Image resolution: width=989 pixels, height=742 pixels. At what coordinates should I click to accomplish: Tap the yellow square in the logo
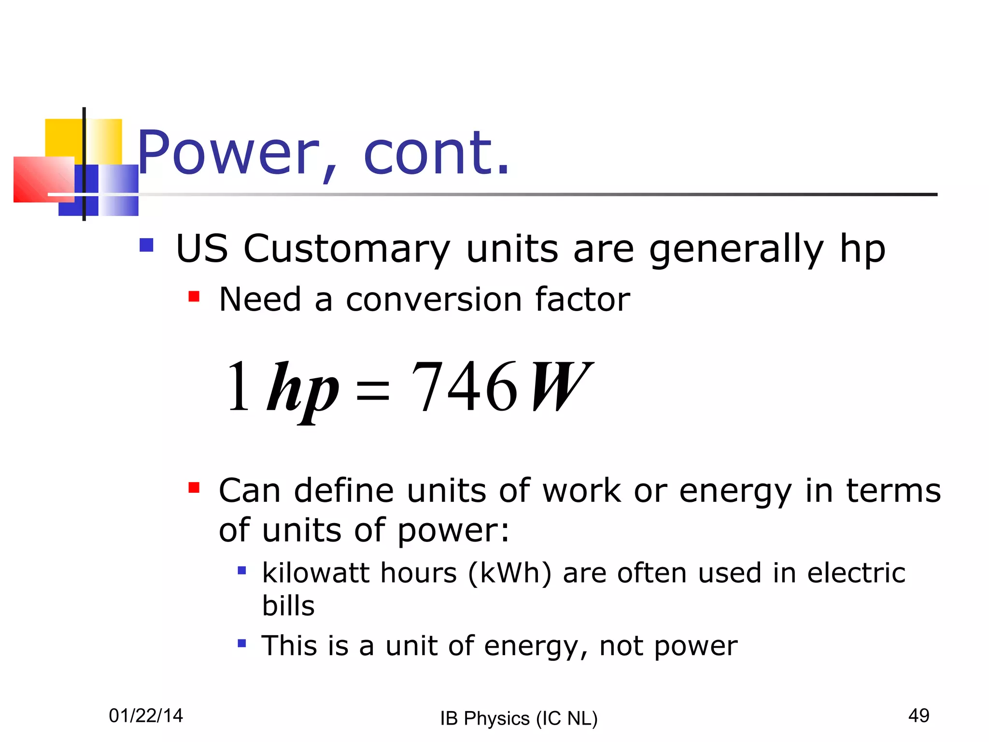coord(65,138)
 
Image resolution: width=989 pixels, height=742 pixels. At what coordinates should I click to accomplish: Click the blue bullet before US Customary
coord(146,245)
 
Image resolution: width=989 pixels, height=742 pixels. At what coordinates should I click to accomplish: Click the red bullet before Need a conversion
coord(194,296)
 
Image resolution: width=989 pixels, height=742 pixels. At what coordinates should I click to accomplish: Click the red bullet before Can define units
coord(194,487)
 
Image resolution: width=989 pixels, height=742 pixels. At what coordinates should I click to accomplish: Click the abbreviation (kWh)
coord(509,573)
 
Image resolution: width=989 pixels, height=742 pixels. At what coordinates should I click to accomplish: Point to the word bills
coord(288,606)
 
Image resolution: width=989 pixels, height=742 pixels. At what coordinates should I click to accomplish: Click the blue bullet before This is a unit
coord(242,643)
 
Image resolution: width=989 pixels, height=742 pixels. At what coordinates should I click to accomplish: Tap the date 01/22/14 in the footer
coord(146,715)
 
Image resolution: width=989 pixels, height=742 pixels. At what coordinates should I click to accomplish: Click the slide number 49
coord(918,715)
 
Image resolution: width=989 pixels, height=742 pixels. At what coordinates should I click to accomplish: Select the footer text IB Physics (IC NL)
coord(519,718)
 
